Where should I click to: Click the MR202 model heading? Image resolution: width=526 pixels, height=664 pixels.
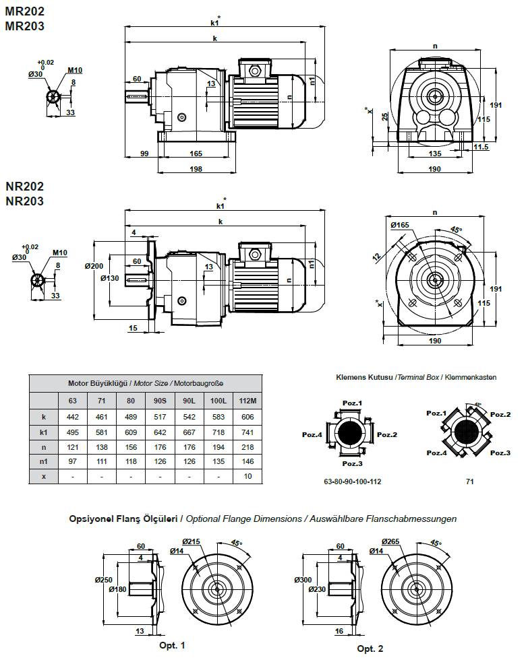pyautogui.click(x=25, y=11)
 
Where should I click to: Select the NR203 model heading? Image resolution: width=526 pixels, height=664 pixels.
pyautogui.click(x=25, y=201)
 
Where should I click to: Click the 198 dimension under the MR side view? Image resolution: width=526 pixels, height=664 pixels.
pyautogui.click(x=196, y=168)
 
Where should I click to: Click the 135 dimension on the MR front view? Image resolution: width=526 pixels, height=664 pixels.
pyautogui.click(x=435, y=154)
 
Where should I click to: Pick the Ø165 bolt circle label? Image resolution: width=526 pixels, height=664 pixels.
pyautogui.click(x=399, y=225)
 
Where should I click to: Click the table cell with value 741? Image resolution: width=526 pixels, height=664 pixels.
pyautogui.click(x=247, y=432)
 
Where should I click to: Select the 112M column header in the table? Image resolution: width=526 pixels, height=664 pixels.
pyautogui.click(x=247, y=401)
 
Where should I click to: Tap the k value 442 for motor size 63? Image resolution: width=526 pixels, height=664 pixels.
pyautogui.click(x=73, y=417)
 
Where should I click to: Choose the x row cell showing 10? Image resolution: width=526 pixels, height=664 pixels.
pyautogui.click(x=247, y=476)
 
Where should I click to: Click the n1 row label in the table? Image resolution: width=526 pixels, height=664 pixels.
pyautogui.click(x=44, y=461)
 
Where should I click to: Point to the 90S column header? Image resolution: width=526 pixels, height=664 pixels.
pyautogui.click(x=160, y=401)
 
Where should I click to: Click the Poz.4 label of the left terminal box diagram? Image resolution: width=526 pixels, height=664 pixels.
pyautogui.click(x=312, y=434)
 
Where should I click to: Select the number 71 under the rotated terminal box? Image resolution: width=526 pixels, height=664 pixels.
pyautogui.click(x=469, y=482)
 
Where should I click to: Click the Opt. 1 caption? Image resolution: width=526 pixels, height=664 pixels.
pyautogui.click(x=172, y=645)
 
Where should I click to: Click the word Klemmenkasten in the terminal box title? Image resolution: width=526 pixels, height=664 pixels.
pyautogui.click(x=473, y=377)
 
